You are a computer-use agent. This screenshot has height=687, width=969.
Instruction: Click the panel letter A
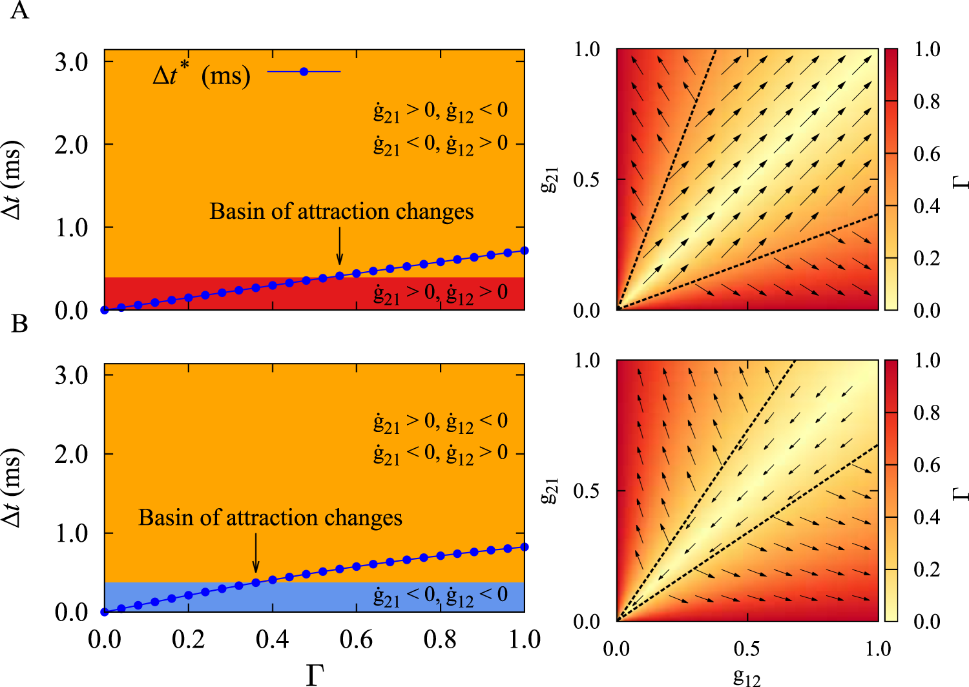click(x=19, y=11)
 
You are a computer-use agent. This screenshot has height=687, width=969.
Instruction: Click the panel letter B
click(x=19, y=323)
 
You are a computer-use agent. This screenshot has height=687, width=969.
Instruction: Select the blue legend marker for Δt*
click(x=304, y=72)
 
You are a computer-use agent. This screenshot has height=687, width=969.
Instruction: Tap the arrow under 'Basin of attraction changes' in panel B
click(x=256, y=555)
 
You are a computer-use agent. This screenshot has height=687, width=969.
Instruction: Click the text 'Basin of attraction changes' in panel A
click(x=341, y=212)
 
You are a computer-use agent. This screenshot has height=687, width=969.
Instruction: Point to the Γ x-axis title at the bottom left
click(x=315, y=674)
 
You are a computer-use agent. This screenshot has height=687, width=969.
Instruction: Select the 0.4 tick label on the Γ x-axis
click(x=272, y=640)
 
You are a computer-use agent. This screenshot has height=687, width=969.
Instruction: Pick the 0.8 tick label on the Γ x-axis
click(x=440, y=640)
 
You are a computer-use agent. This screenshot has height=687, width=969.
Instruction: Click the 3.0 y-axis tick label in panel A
click(x=71, y=63)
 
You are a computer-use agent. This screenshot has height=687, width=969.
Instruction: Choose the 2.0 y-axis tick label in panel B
click(x=71, y=455)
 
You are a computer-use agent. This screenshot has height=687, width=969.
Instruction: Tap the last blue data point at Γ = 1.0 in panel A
click(x=525, y=251)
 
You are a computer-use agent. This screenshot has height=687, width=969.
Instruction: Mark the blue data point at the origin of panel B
click(x=105, y=611)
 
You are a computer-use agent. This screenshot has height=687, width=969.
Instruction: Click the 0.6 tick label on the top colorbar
click(x=926, y=154)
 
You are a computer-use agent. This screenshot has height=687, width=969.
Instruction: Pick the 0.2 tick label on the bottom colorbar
click(x=926, y=569)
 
